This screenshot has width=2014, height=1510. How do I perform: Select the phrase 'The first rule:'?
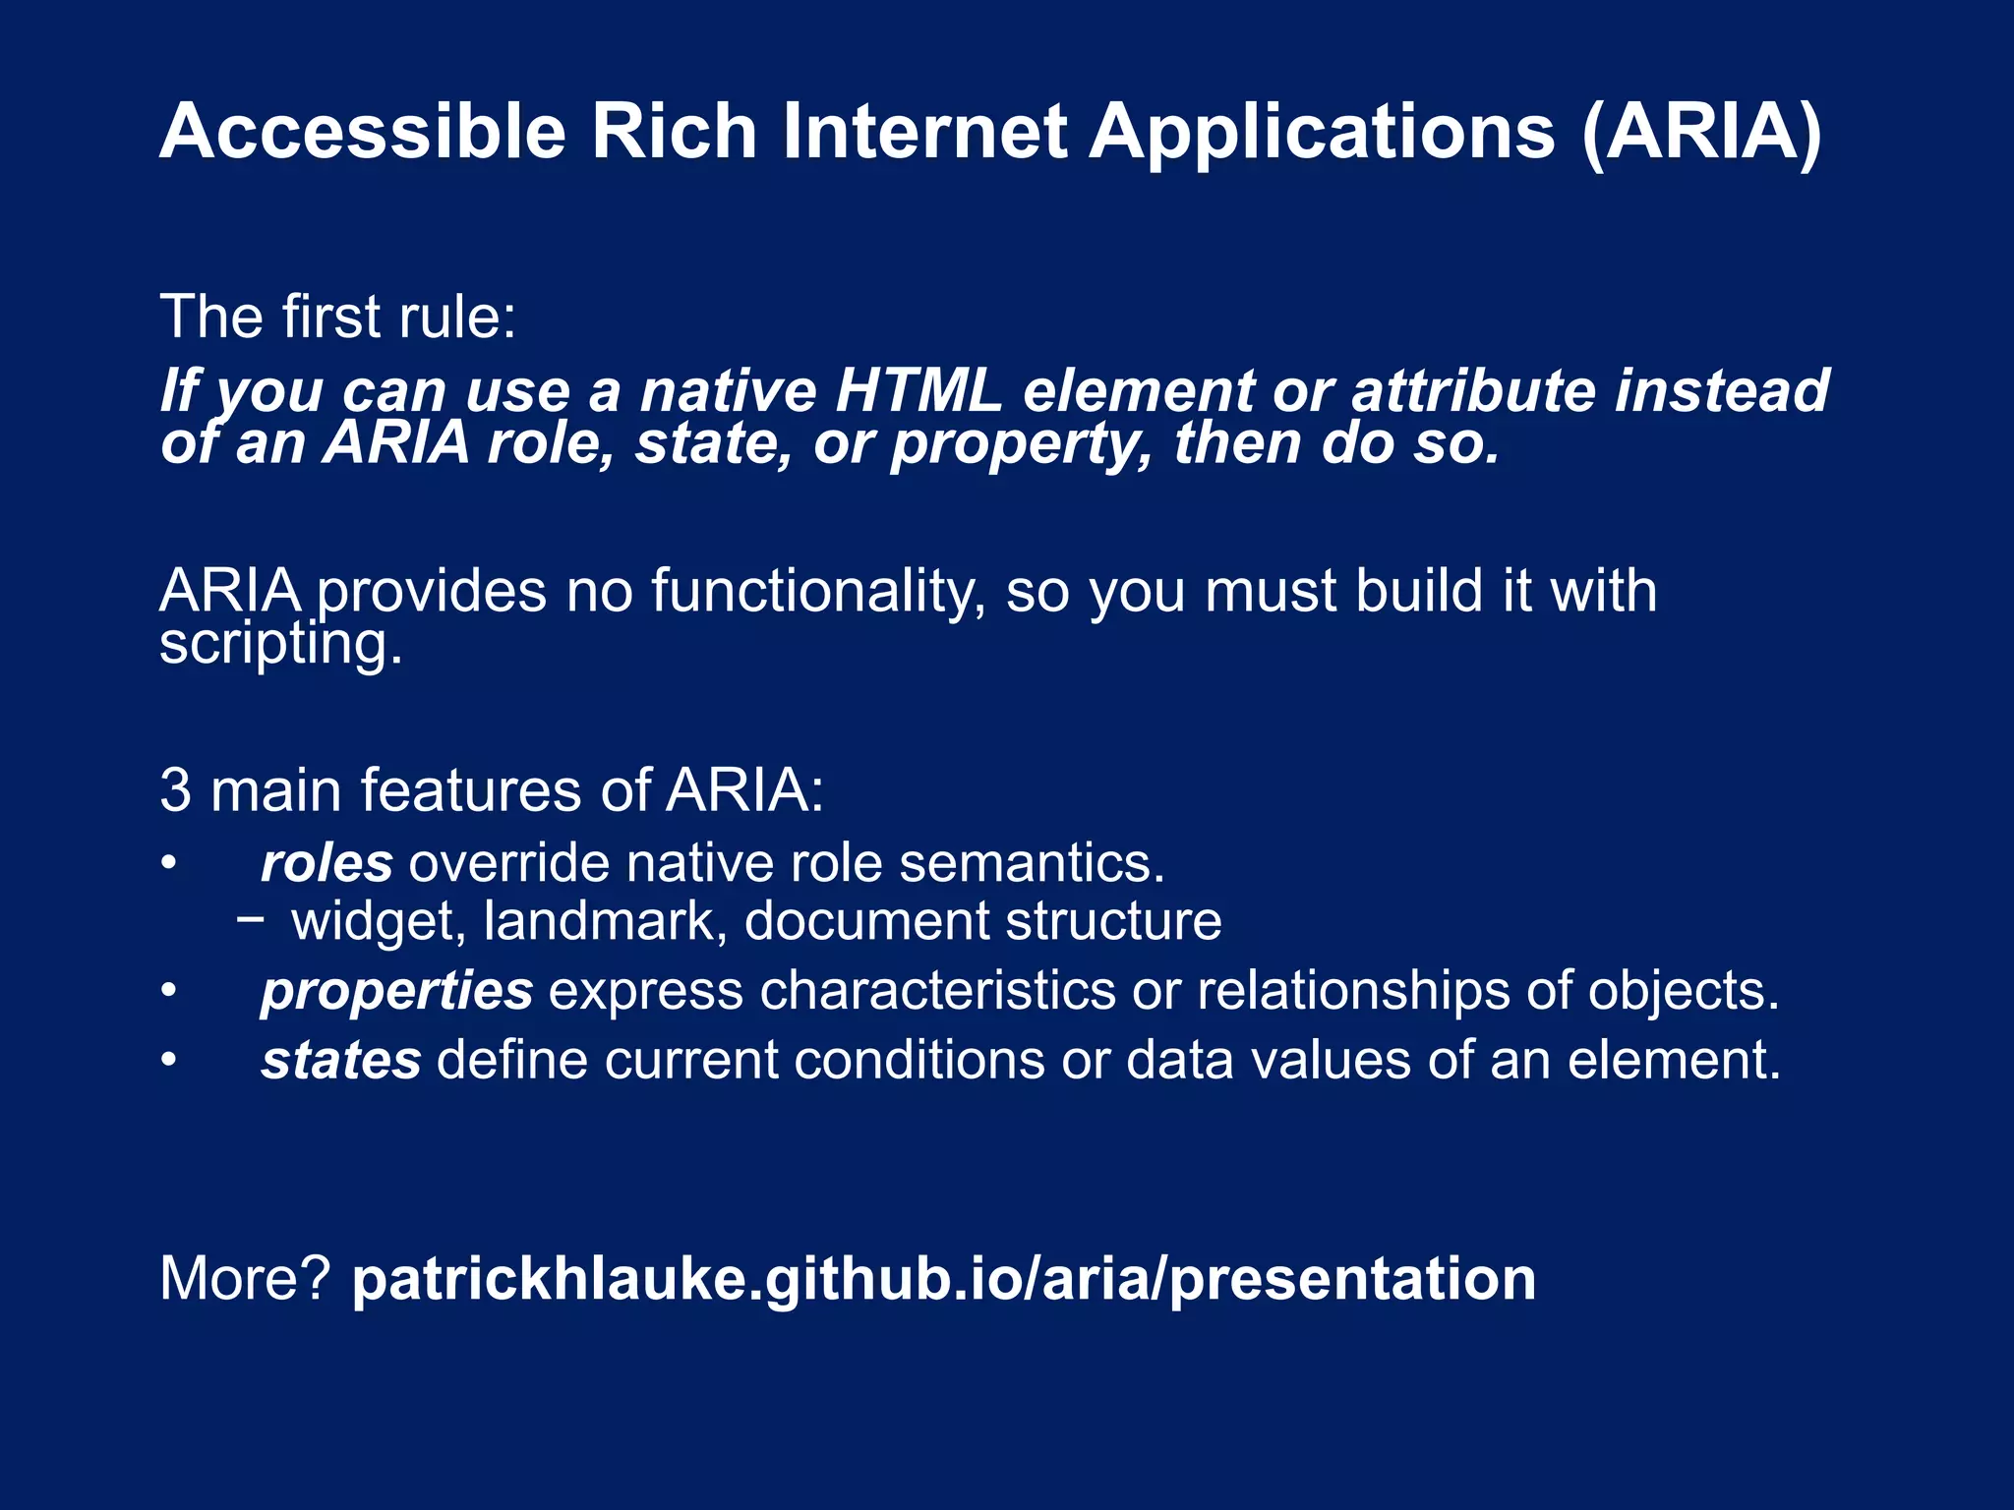tap(337, 317)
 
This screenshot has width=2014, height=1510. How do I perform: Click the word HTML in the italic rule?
tap(918, 390)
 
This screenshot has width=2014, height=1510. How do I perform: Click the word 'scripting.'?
tap(281, 645)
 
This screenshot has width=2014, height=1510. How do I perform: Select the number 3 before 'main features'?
tap(175, 789)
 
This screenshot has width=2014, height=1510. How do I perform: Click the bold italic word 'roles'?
tap(326, 863)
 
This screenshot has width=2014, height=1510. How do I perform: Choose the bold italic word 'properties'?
tap(396, 991)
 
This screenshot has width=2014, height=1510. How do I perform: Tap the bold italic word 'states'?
tap(340, 1061)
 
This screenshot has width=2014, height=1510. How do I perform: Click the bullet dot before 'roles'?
tap(169, 864)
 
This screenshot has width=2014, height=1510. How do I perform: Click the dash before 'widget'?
tap(251, 920)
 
